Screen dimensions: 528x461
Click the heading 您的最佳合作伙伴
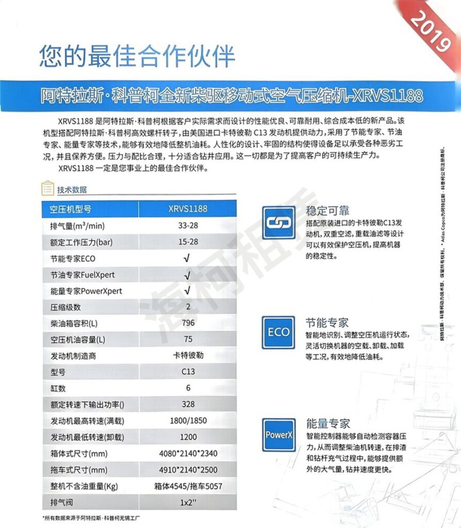137,56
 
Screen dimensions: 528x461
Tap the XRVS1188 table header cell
188,209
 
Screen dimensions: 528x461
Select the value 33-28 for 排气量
188,225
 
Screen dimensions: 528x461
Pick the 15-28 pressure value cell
188,242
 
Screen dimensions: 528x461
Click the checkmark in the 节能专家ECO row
188,258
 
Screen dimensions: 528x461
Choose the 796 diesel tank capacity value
188,324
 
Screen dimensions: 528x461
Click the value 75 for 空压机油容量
188,340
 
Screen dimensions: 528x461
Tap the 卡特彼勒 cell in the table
188,356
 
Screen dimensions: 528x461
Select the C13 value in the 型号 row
188,372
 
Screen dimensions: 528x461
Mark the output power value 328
188,404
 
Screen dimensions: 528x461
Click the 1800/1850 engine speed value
188,420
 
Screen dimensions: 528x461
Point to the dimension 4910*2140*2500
188,470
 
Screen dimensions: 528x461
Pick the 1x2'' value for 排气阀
188,502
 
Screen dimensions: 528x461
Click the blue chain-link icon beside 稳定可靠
278,222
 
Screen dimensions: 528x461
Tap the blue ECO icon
278,332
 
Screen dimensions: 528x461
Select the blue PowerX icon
278,434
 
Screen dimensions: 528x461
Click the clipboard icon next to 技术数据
47,189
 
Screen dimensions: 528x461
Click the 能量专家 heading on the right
327,424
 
